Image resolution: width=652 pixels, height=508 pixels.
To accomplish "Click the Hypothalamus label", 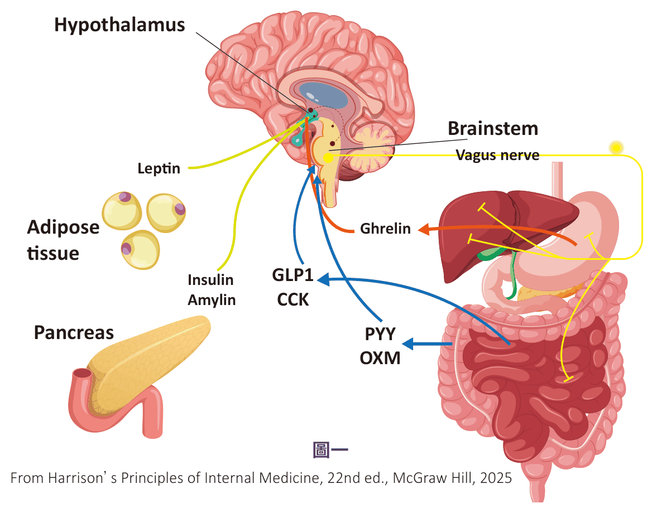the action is (x=119, y=25).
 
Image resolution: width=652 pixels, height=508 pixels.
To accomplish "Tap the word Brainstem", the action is (x=493, y=128).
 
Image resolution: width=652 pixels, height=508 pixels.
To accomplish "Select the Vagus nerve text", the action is (x=498, y=155).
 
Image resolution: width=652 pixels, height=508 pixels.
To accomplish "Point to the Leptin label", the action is (x=159, y=168).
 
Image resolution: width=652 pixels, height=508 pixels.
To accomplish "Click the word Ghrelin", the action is (x=385, y=229).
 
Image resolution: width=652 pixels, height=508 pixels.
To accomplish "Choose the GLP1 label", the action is (x=293, y=275).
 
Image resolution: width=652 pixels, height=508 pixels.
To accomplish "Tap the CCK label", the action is (x=293, y=299).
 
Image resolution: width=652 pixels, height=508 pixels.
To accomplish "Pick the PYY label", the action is (x=380, y=334).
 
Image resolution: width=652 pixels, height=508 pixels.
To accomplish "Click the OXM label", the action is (x=380, y=358).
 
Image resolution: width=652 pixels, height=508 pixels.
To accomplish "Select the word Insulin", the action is (x=210, y=280).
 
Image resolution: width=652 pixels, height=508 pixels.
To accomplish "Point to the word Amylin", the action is (x=212, y=300).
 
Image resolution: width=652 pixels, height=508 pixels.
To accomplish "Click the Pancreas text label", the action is (x=74, y=333).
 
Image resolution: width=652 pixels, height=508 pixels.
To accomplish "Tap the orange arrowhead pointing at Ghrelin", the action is (x=423, y=229).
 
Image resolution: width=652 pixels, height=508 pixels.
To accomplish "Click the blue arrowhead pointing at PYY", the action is (x=408, y=344).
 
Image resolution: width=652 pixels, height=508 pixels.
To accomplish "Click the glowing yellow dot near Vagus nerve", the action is (x=616, y=147).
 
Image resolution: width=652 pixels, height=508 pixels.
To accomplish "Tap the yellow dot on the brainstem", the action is (x=328, y=157).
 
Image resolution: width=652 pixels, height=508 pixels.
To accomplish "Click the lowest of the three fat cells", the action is (x=140, y=250).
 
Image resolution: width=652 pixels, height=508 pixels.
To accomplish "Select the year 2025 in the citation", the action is (x=496, y=478).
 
